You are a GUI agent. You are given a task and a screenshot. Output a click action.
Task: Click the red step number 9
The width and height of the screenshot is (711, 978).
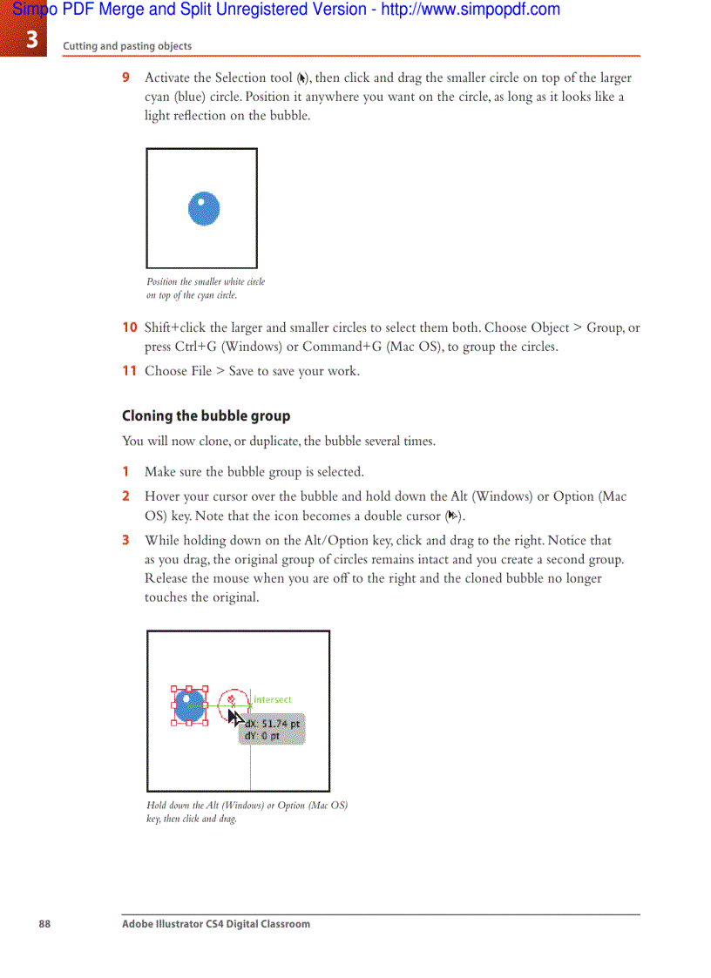tap(126, 78)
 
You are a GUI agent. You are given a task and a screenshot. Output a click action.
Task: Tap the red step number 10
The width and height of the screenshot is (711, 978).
tap(129, 327)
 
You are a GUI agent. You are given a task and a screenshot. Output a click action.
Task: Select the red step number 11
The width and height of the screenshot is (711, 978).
tap(129, 371)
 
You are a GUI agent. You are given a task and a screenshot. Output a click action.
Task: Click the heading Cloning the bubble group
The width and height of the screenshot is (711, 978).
tap(206, 415)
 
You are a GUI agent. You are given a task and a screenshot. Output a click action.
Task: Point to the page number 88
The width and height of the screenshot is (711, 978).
tap(44, 924)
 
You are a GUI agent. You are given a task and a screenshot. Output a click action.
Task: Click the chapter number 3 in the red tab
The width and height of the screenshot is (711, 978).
tap(31, 40)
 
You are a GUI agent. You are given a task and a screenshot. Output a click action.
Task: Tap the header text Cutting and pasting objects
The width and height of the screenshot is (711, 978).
tap(127, 46)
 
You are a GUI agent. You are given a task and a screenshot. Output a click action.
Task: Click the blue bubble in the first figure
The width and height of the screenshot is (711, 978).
tap(204, 209)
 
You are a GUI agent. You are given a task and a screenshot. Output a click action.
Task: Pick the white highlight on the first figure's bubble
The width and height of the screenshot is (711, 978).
tap(201, 202)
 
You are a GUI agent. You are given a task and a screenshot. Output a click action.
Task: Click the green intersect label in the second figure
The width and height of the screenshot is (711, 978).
tap(273, 699)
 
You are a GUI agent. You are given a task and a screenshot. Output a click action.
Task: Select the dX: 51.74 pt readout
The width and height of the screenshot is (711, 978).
tap(273, 724)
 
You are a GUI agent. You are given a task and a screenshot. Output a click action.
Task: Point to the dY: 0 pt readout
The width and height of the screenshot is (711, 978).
tap(262, 736)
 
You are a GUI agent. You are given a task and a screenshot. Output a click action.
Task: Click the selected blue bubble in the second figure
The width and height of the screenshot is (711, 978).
tap(189, 705)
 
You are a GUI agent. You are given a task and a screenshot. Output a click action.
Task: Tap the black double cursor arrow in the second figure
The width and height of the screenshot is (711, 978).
tap(234, 717)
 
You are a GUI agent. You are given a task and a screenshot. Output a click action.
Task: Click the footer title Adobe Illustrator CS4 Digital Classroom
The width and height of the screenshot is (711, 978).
tap(215, 924)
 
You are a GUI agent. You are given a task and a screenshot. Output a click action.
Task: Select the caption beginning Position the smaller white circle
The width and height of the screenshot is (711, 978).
tap(206, 288)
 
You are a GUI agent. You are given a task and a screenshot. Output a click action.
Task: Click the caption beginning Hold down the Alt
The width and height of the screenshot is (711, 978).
tap(247, 812)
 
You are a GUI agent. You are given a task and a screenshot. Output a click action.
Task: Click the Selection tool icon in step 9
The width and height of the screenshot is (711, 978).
tap(301, 78)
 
